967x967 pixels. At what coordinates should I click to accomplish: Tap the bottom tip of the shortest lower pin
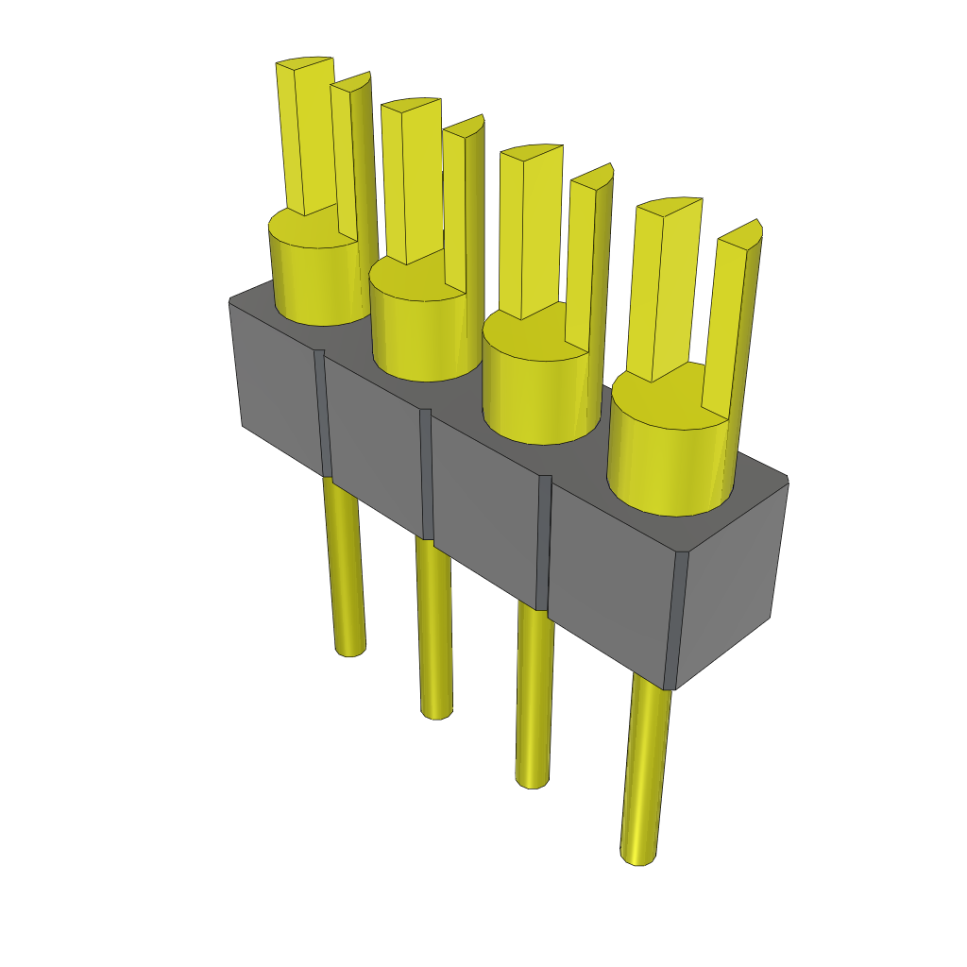click(350, 649)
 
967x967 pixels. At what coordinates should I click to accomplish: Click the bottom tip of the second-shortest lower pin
click(435, 711)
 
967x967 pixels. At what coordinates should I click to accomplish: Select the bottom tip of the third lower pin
click(533, 780)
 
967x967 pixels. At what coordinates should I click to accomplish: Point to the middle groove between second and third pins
click(427, 472)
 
